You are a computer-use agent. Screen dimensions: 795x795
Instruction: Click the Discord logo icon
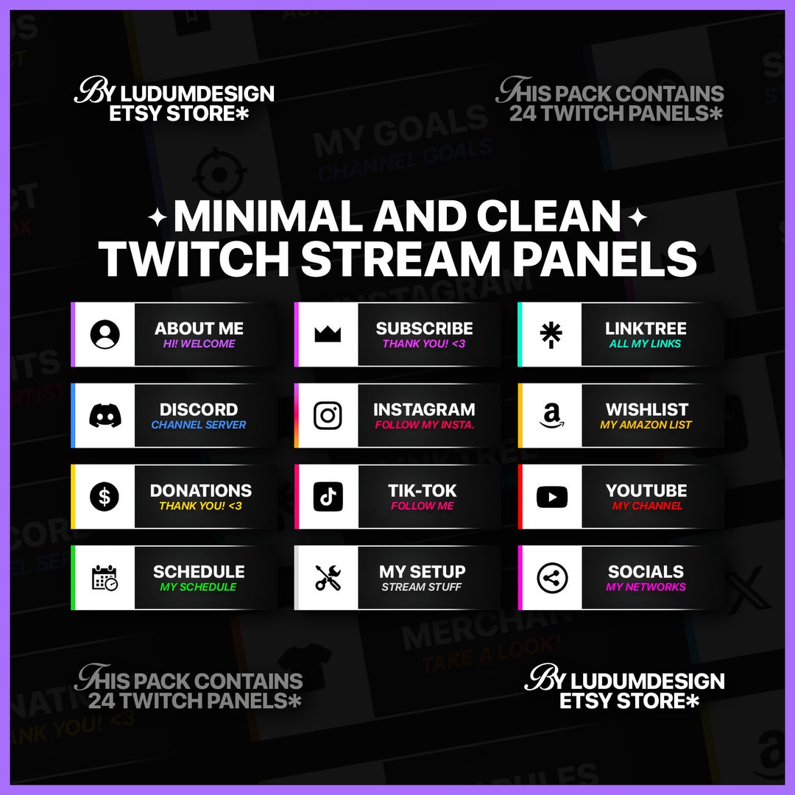105,416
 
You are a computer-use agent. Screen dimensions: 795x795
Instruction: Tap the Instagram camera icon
328,416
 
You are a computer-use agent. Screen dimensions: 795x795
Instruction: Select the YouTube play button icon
551,497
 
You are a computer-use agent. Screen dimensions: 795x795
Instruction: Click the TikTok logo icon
328,497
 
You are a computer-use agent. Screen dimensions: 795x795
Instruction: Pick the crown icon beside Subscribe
328,335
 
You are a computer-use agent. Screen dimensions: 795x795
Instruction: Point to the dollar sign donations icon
105,497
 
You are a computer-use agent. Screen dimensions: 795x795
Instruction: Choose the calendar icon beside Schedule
105,579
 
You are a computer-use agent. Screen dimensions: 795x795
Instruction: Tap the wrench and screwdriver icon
328,579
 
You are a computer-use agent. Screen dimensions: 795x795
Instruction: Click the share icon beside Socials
551,579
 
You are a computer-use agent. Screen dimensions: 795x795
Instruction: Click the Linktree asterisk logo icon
551,335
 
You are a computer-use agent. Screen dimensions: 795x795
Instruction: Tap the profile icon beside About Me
105,335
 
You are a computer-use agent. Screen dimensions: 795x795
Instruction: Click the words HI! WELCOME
199,344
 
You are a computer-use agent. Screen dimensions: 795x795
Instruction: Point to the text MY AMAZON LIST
646,425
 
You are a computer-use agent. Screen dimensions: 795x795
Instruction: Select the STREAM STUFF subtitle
422,587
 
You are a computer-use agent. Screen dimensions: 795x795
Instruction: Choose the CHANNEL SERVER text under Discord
199,425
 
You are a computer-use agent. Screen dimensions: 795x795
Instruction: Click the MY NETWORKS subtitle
646,587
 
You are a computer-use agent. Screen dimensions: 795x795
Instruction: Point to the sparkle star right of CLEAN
637,218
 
